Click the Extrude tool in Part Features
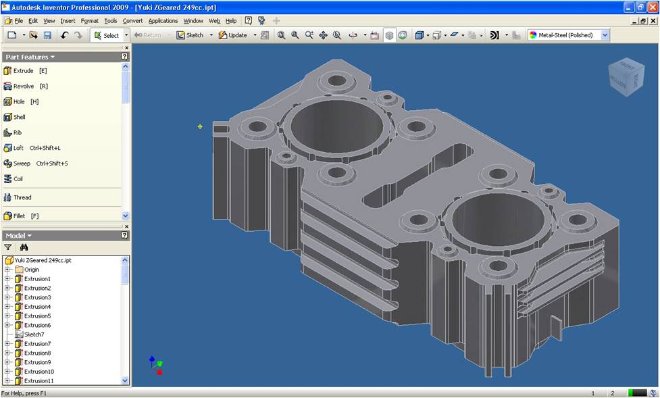tap(25, 71)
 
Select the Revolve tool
tap(26, 86)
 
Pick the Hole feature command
tap(21, 101)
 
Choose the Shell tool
tap(14, 117)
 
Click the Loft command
tap(32, 148)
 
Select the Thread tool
tap(18, 197)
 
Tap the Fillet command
tap(21, 216)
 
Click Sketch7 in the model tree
tap(30, 334)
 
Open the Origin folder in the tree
tap(27, 270)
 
